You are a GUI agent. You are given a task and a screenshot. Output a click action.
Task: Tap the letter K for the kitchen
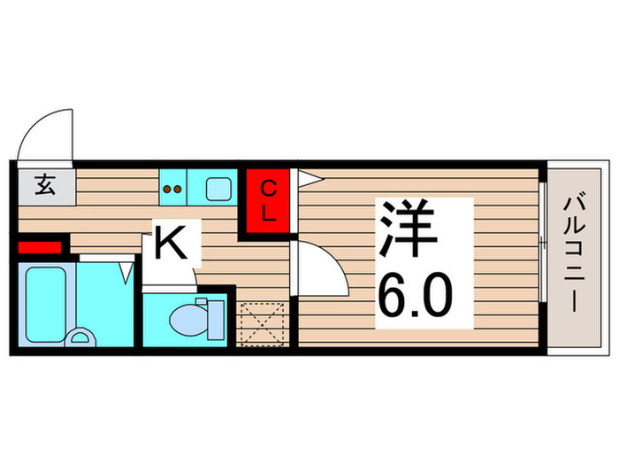(172, 242)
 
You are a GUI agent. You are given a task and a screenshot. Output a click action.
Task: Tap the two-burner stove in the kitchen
(173, 187)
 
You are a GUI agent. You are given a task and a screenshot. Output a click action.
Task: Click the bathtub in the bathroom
(44, 297)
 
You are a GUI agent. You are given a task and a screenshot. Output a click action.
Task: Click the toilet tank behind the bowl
(216, 317)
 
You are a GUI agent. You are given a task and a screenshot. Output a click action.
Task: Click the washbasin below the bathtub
(81, 337)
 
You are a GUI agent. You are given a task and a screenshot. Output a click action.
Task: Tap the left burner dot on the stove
(167, 188)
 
